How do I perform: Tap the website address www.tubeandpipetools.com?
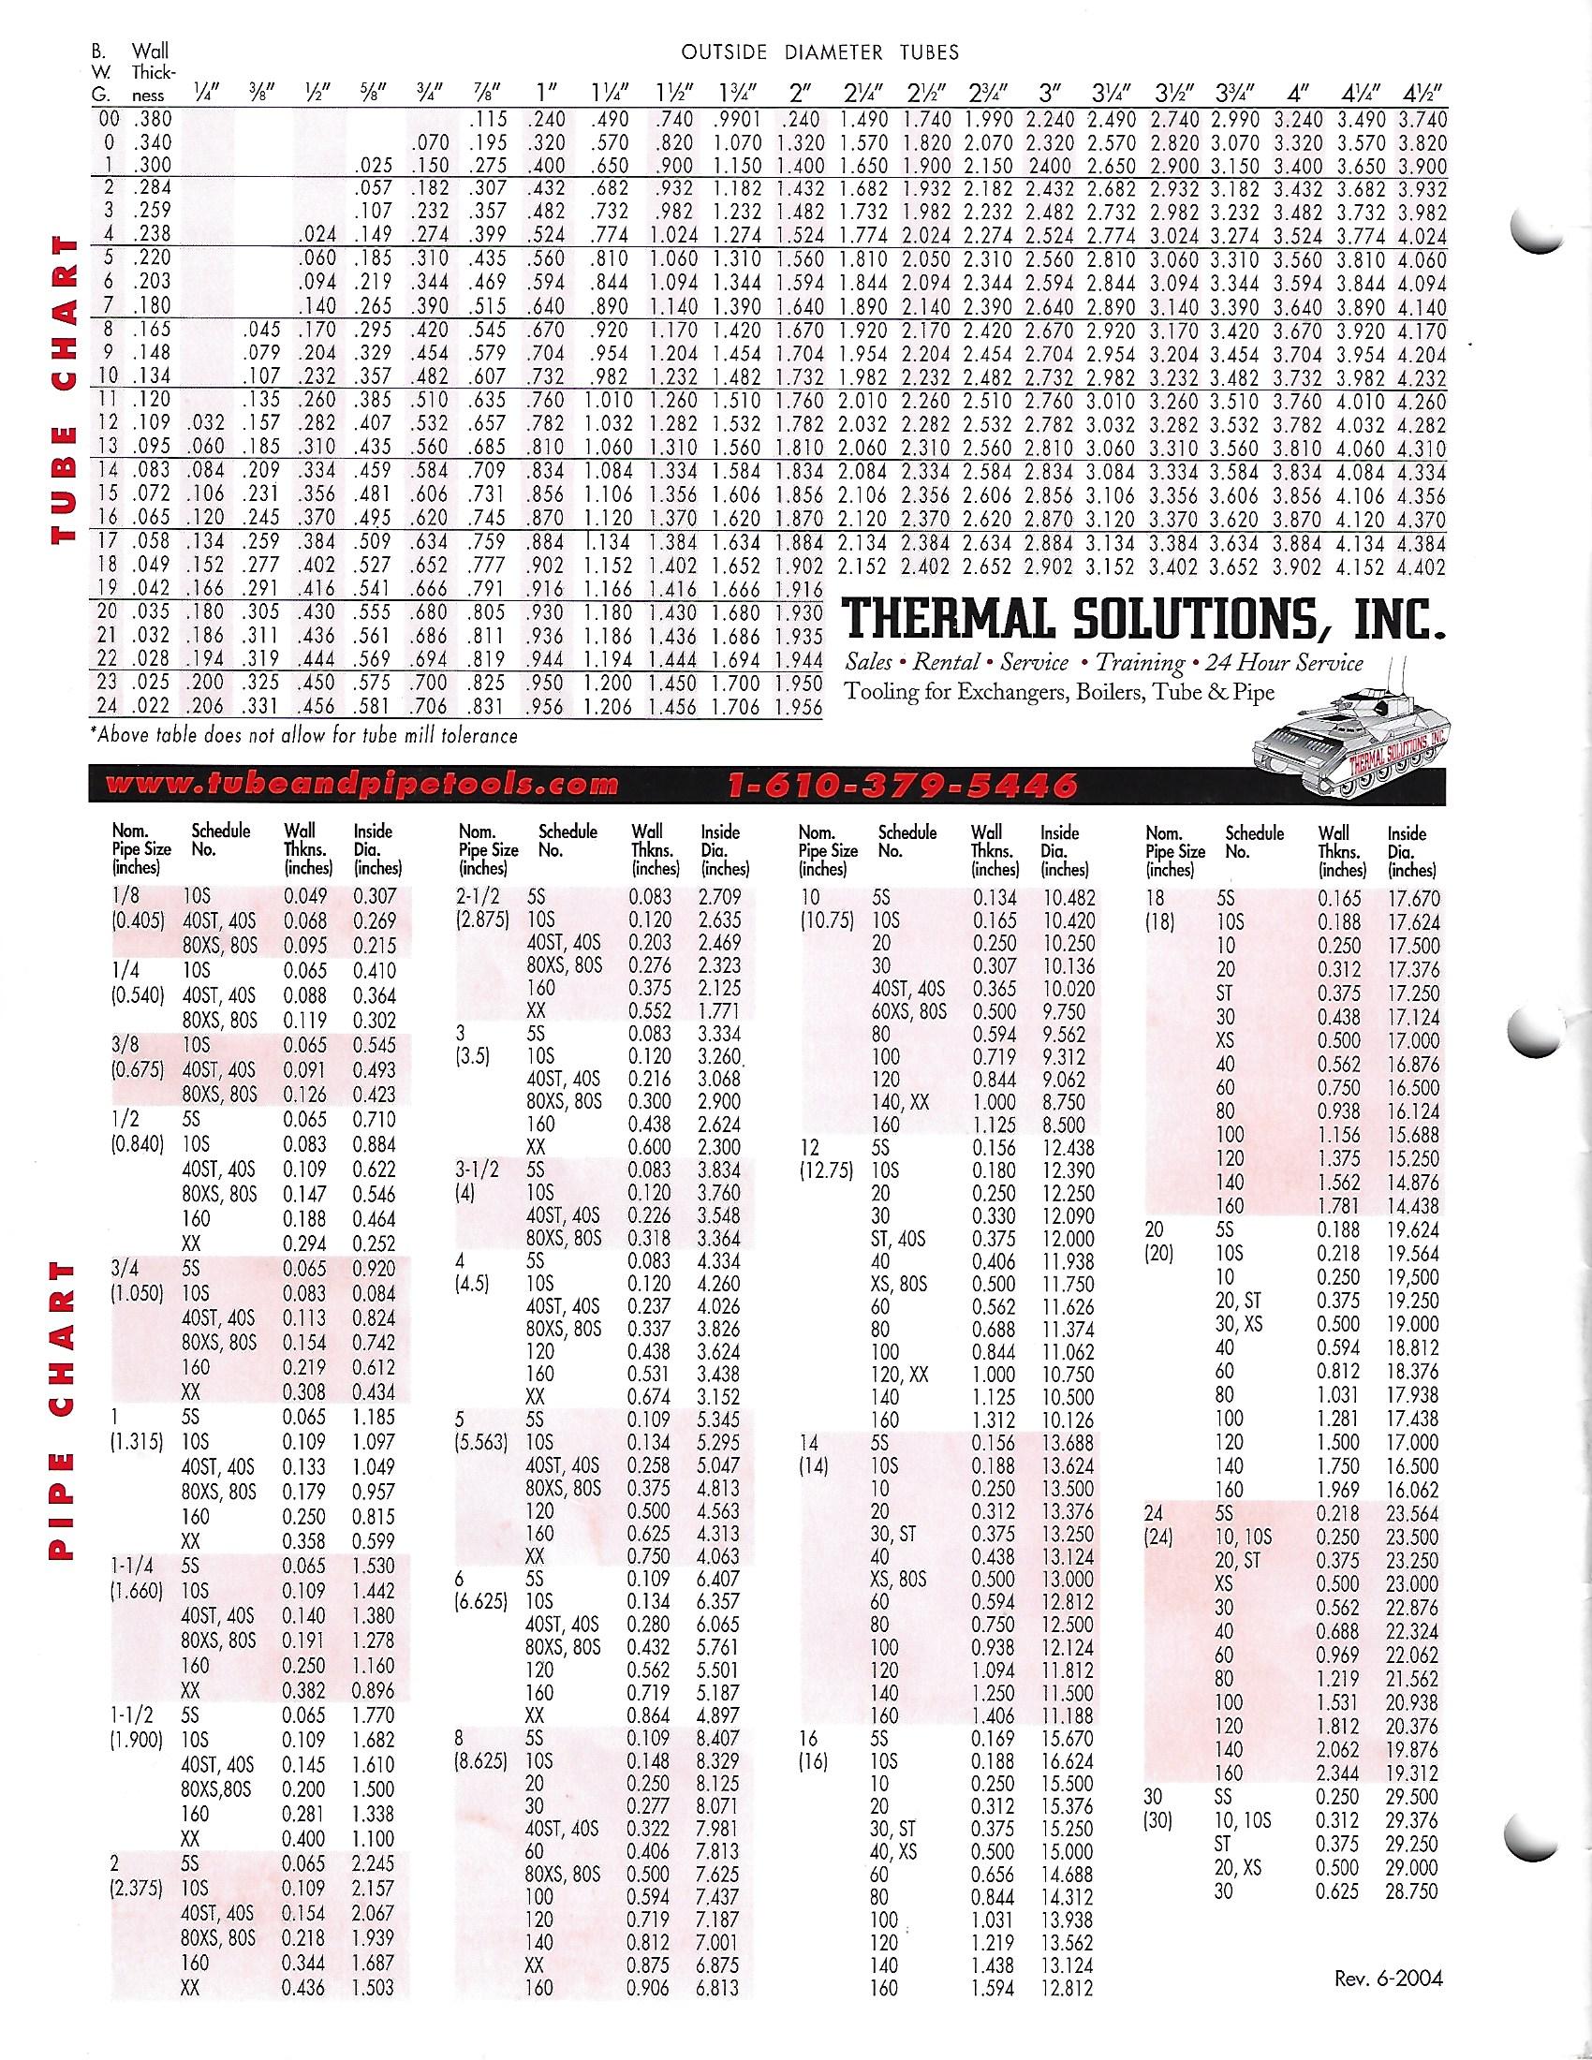point(363,785)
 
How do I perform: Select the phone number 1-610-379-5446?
point(904,785)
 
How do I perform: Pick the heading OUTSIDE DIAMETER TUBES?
point(820,52)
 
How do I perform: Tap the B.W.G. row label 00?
point(110,120)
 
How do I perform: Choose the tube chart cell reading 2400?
point(1046,166)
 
